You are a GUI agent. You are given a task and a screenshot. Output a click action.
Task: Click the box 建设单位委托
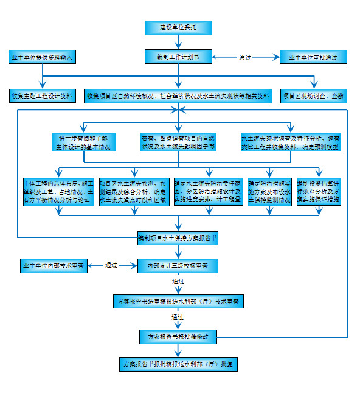(x=178, y=27)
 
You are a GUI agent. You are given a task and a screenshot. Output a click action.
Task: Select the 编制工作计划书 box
(x=178, y=57)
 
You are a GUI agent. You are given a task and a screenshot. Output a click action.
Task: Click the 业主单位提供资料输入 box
(x=43, y=57)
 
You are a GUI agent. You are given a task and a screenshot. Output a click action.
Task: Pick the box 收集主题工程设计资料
(x=41, y=96)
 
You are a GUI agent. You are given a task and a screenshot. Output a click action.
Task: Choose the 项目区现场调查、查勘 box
(x=313, y=96)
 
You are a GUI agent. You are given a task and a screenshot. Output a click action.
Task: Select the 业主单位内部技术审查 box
(x=54, y=265)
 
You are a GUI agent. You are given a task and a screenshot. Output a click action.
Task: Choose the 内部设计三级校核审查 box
(x=178, y=265)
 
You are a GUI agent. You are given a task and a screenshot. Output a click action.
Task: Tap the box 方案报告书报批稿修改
(x=178, y=336)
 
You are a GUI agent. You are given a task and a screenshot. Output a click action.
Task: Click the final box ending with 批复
(x=178, y=364)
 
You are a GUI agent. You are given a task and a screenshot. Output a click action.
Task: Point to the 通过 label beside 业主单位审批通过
(x=245, y=58)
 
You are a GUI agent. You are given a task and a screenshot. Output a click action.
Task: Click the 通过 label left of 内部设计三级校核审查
(x=111, y=265)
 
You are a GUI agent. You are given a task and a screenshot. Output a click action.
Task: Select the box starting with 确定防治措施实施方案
(x=269, y=190)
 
